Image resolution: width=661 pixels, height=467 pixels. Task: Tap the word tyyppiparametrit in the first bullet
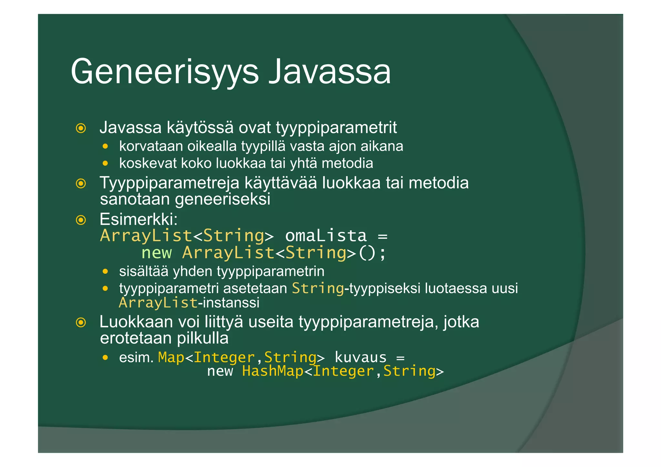[336, 128]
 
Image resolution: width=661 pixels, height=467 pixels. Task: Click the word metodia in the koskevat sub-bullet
[347, 163]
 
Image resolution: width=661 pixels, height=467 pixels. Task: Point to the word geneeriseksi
[222, 199]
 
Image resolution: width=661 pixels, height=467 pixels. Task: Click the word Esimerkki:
[138, 219]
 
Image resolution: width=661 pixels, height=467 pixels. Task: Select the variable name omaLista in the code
[326, 236]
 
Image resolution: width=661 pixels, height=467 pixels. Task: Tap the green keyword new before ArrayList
[157, 253]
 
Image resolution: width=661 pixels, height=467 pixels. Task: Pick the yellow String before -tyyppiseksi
[318, 288]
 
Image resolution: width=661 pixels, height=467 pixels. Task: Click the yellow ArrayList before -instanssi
[158, 303]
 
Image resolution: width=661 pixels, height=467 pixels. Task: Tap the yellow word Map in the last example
[171, 358]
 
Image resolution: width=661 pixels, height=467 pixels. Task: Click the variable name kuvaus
[360, 358]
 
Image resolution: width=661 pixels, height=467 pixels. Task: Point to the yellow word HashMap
[273, 371]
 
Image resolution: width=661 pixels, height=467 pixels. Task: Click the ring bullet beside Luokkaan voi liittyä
[81, 322]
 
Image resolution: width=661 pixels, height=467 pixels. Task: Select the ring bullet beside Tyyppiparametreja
[81, 184]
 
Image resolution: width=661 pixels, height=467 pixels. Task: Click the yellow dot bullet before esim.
[105, 358]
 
